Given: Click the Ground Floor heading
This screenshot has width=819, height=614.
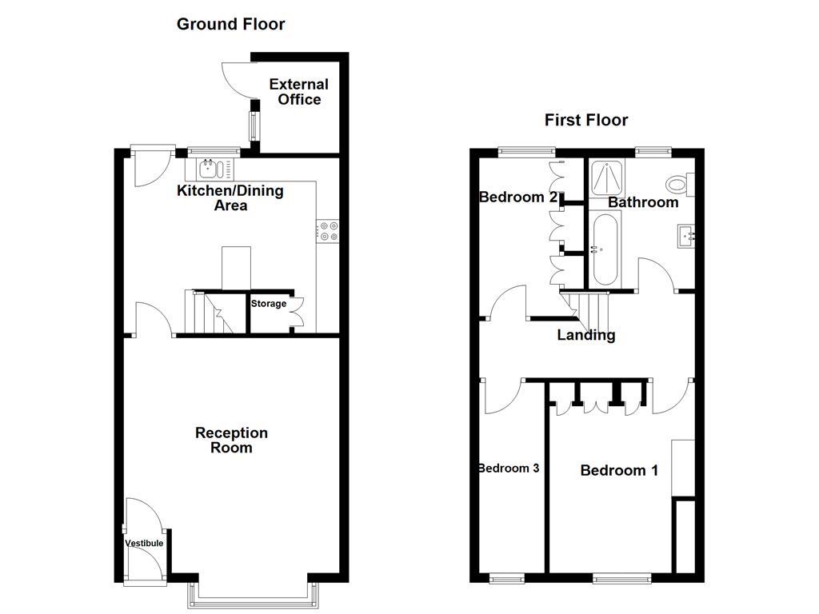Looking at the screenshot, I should (230, 24).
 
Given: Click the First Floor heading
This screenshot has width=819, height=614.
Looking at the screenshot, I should (586, 120).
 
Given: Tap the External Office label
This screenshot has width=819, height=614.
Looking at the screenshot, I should (298, 92).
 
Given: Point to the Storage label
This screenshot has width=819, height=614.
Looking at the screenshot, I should (269, 304).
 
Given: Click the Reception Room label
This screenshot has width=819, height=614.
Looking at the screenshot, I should (231, 440).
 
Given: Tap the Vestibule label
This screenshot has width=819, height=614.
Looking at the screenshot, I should (144, 544).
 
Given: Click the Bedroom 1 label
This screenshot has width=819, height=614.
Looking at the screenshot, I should (619, 470).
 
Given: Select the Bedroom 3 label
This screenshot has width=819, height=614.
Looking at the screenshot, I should (508, 468).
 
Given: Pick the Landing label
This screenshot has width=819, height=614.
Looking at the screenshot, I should (586, 336).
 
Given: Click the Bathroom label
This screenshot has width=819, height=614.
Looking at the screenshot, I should (643, 202).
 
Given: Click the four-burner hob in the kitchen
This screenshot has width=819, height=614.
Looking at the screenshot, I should (328, 231).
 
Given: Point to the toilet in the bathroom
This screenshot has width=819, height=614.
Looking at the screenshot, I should (680, 185).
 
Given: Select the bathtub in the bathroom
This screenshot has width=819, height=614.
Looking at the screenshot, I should (604, 249).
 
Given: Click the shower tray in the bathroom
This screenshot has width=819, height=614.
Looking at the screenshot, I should (609, 177).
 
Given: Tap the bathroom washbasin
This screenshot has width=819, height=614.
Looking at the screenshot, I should (685, 236).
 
